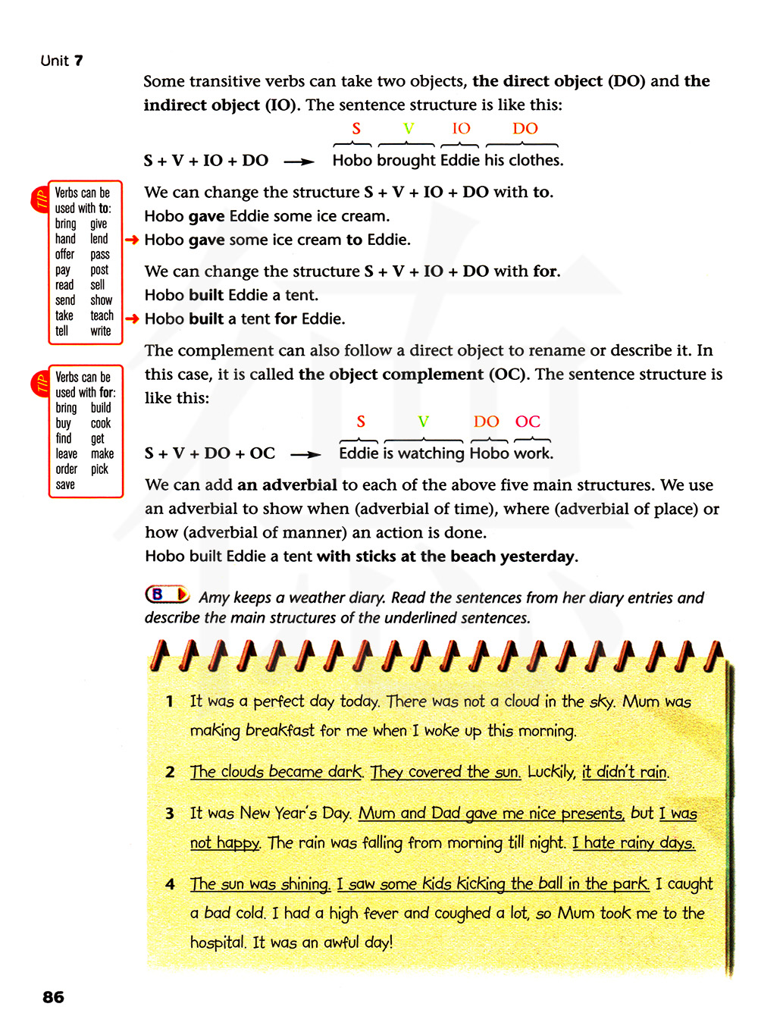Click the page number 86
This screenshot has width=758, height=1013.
(x=53, y=996)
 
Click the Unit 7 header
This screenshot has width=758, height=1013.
(x=61, y=61)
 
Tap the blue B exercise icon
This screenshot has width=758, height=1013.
(x=167, y=594)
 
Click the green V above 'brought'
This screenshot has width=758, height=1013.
(x=409, y=129)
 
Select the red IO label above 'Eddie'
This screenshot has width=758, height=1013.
(x=461, y=129)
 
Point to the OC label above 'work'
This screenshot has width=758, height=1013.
(x=528, y=422)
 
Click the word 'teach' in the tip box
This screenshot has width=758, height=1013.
(x=102, y=315)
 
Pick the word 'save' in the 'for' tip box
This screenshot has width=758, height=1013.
(x=65, y=485)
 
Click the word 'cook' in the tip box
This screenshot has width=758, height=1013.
(x=101, y=423)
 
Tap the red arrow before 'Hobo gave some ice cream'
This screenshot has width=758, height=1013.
(x=132, y=240)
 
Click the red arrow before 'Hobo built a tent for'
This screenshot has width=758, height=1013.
(x=132, y=318)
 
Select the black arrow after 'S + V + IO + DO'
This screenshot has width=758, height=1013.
(x=299, y=161)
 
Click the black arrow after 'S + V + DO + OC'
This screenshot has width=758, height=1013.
(x=305, y=454)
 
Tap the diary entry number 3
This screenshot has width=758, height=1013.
(x=170, y=814)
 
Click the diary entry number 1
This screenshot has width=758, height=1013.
(x=170, y=701)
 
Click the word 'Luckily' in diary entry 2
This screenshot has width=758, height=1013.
(x=551, y=772)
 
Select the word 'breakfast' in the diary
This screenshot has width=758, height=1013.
(x=280, y=730)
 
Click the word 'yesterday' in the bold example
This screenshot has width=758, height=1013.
(x=538, y=556)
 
